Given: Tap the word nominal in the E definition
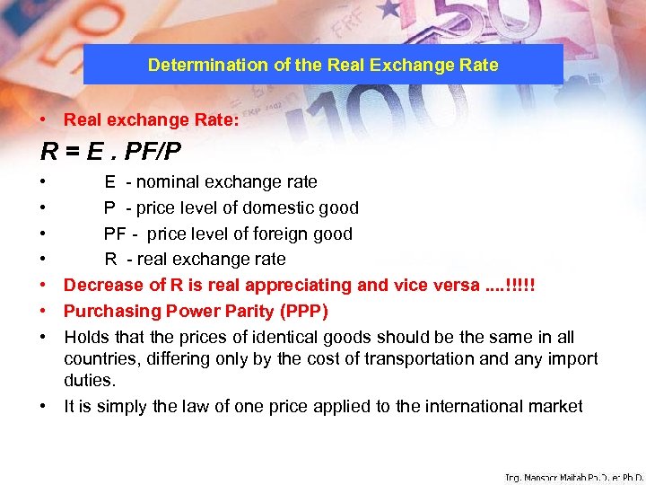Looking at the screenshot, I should click(168, 182).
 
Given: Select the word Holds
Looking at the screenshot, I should click(86, 338).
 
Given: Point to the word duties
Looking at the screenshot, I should click(90, 381).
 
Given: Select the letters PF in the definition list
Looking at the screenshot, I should click(114, 234).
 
